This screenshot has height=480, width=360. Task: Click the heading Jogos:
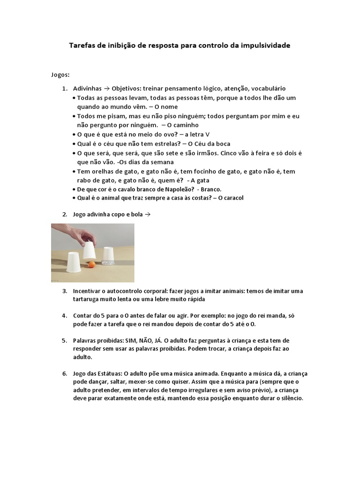click(x=60, y=74)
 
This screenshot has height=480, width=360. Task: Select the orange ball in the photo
click(x=92, y=265)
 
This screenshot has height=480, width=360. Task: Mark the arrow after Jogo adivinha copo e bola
click(x=148, y=214)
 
